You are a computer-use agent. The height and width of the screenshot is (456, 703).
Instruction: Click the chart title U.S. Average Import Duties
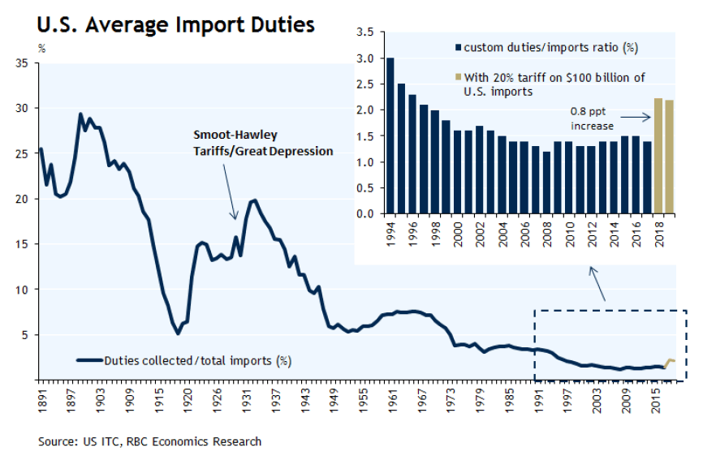175,25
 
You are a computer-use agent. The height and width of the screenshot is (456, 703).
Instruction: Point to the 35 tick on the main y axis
23,62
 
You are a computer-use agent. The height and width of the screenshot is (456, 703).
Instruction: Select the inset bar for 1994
390,136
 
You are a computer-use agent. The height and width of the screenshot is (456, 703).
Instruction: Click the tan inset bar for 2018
658,156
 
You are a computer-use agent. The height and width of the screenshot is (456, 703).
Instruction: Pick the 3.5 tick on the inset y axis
365,32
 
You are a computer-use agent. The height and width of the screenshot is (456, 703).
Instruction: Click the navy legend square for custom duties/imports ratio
459,48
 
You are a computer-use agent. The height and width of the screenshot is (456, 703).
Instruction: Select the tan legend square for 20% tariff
459,77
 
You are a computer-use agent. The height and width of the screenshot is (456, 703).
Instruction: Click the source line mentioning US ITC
149,442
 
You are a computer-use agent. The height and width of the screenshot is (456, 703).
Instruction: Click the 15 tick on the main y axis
23,243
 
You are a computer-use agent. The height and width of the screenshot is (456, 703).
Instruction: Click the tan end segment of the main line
671,361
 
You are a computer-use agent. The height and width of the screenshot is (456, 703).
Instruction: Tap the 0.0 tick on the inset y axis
365,214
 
